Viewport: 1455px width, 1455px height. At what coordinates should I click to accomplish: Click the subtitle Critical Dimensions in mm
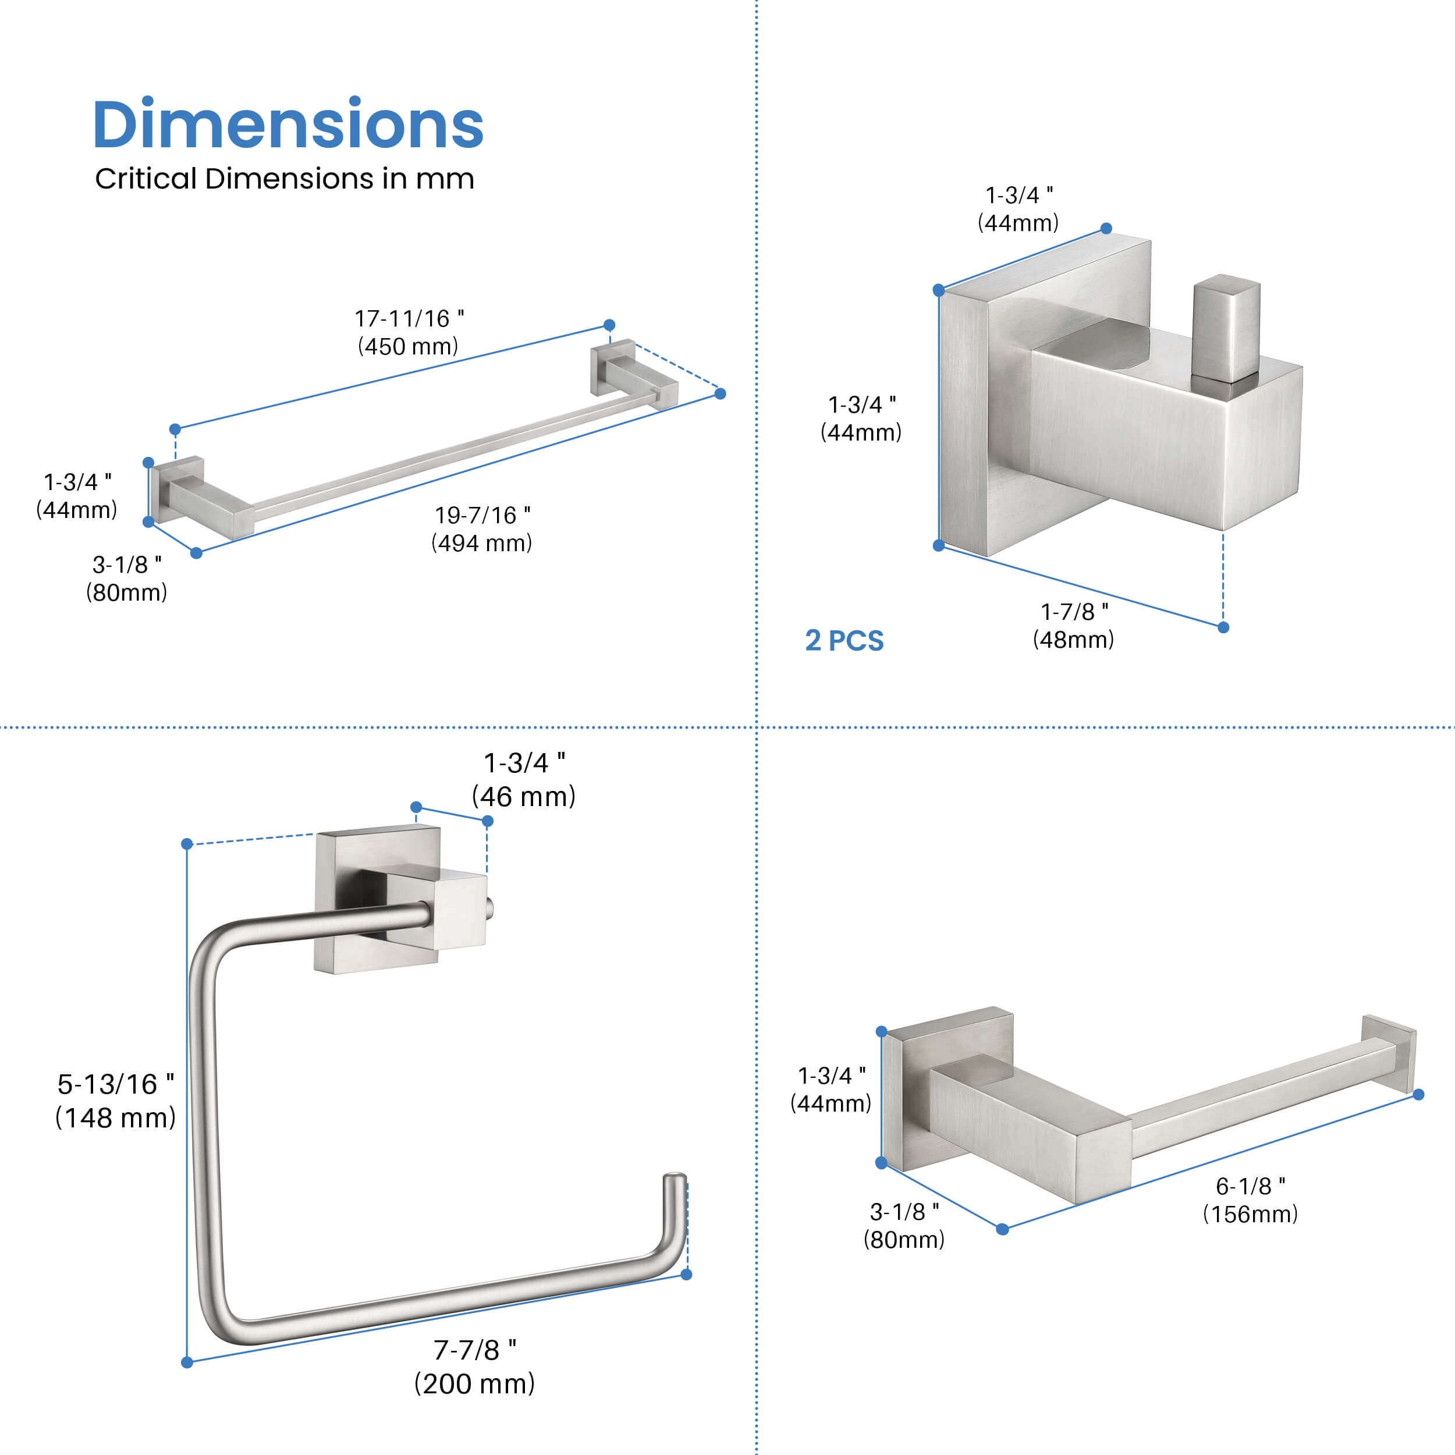tap(284, 179)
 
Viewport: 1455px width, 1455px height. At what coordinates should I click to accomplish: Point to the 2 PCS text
tap(844, 641)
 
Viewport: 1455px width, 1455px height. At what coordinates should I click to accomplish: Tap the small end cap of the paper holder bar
tap(1389, 1053)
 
